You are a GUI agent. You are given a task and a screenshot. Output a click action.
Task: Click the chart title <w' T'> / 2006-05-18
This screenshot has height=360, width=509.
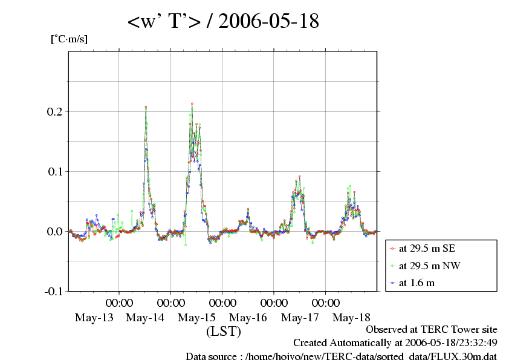click(x=223, y=22)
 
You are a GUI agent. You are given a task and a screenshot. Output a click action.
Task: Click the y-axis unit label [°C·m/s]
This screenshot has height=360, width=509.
click(x=68, y=39)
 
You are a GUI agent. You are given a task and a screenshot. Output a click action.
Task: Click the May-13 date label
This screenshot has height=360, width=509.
click(x=94, y=318)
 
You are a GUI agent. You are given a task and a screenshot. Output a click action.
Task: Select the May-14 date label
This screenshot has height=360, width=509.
click(x=145, y=318)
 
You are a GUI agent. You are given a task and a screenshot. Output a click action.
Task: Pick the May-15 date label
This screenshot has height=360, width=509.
click(x=197, y=318)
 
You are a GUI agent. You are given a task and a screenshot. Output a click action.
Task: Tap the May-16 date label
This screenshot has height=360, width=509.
click(x=248, y=318)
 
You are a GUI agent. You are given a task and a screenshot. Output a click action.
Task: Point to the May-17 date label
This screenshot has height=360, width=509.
click(x=300, y=318)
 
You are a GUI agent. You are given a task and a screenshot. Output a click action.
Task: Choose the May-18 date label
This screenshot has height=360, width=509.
click(x=352, y=318)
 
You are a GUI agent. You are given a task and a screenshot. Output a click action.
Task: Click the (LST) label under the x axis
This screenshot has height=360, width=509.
click(x=224, y=332)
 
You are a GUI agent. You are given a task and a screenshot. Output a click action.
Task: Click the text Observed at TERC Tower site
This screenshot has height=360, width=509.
click(x=432, y=330)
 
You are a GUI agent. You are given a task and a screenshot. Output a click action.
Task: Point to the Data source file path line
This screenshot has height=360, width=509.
click(x=341, y=356)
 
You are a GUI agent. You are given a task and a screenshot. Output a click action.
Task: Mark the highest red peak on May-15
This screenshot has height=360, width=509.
click(x=192, y=104)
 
